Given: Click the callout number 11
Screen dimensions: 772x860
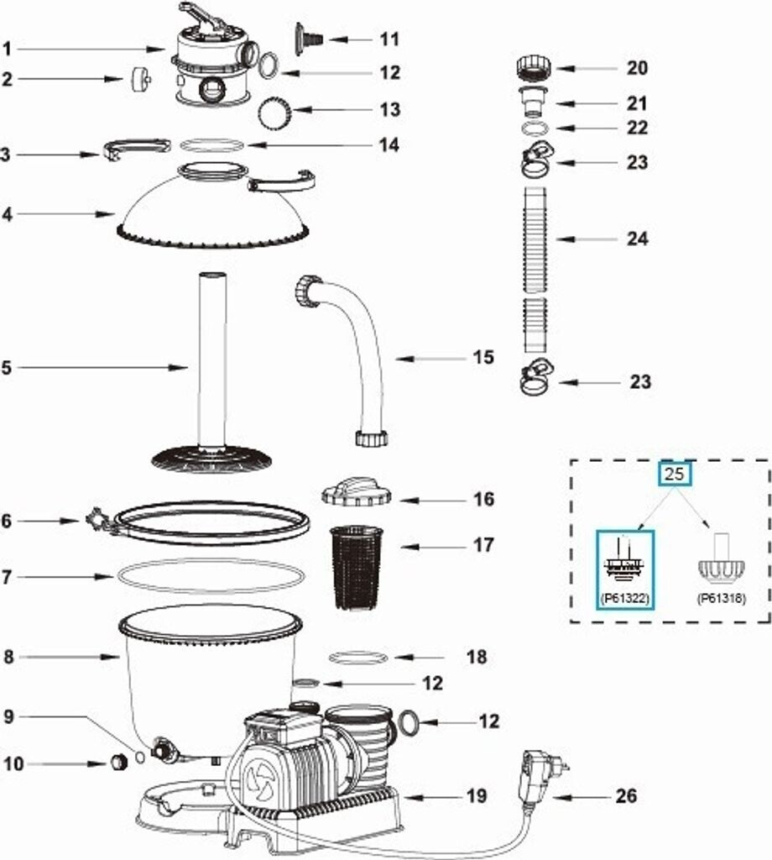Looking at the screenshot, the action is (x=389, y=39).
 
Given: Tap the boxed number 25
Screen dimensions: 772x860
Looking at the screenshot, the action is (x=675, y=473).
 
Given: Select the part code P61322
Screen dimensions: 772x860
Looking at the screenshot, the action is (x=625, y=598).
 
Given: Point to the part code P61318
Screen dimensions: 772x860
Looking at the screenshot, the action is (x=722, y=598).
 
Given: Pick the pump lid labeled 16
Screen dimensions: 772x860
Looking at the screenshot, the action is (x=357, y=491).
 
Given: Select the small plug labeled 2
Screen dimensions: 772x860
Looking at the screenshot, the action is (x=140, y=79).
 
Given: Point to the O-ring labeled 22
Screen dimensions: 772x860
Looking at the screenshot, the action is (x=535, y=128).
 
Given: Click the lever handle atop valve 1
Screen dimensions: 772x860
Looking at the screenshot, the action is (x=201, y=13).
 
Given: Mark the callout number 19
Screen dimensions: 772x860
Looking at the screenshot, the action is (x=476, y=794).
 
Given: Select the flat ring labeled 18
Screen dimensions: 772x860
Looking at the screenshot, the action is (x=357, y=657).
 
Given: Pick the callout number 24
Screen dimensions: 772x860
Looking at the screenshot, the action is (x=638, y=239).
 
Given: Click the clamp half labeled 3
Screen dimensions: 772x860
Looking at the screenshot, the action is (x=137, y=149).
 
